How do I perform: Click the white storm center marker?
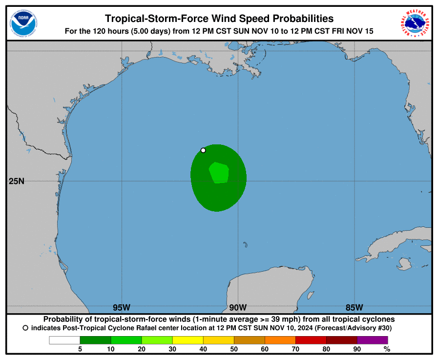pyautogui.click(x=203, y=150)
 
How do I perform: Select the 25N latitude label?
pyautogui.click(x=16, y=181)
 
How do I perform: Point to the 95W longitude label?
pyautogui.click(x=122, y=307)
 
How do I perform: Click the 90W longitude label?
pyautogui.click(x=238, y=307)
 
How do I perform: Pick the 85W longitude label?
pyautogui.click(x=354, y=307)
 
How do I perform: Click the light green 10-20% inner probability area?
pyautogui.click(x=219, y=173)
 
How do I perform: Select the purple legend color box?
pyautogui.click(x=372, y=340)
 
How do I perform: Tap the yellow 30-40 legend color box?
pyautogui.click(x=188, y=340)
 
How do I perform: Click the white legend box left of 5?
pyautogui.click(x=64, y=340)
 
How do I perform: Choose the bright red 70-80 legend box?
pyautogui.click(x=311, y=340)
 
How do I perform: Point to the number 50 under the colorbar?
pyautogui.click(x=234, y=349)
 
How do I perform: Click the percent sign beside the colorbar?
pyautogui.click(x=387, y=349)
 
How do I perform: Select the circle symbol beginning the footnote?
pyautogui.click(x=25, y=328)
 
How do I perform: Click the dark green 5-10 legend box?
pyautogui.click(x=95, y=340)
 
